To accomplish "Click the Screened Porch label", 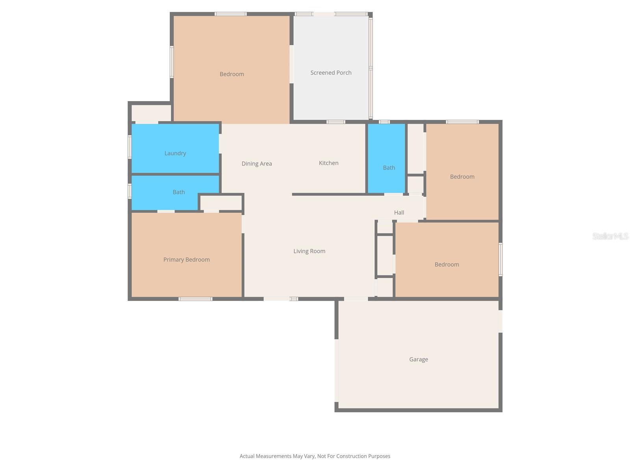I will pos(331,73).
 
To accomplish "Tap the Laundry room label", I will pos(175,153).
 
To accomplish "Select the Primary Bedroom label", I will pos(186,260).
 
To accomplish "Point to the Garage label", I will pos(418,359).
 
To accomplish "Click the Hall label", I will pos(399,212).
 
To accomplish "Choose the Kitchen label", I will pos(328,163).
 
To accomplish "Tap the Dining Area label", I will pos(257,164).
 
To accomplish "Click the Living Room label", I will pos(309,251).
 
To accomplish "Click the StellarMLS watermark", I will pos(610,236).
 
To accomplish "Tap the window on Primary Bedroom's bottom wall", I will pos(195,299).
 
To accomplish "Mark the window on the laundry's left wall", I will pos(130,147).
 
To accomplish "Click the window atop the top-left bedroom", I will pos(231,14).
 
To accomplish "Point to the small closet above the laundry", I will pos(151,113).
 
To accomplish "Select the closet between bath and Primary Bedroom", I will pos(221,203).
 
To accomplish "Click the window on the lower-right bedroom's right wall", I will pos(500,259).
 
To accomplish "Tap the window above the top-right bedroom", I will pos(462,122).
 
